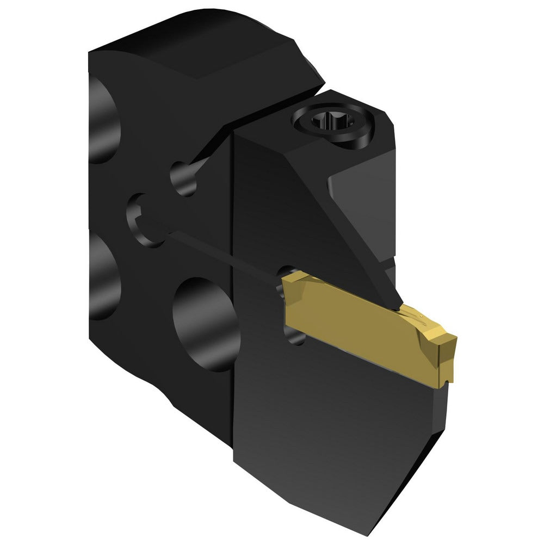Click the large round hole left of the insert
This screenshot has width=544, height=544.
tap(204, 321)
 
